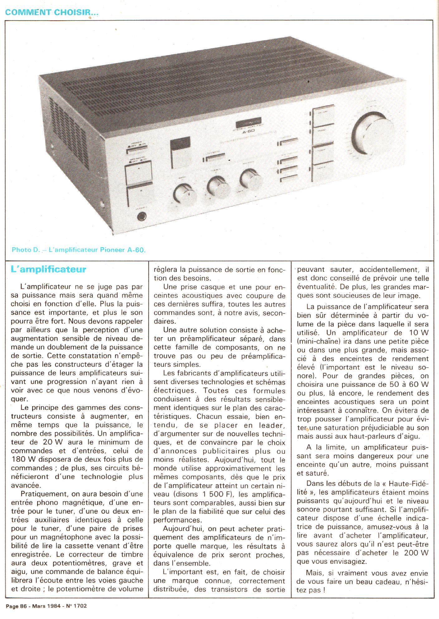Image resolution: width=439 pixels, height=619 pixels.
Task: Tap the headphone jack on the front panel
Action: click(142, 216)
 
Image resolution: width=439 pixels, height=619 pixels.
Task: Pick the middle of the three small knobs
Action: click(218, 186)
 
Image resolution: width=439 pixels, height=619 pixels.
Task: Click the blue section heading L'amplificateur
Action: click(48, 269)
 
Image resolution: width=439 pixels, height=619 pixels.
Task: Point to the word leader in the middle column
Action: click(272, 425)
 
